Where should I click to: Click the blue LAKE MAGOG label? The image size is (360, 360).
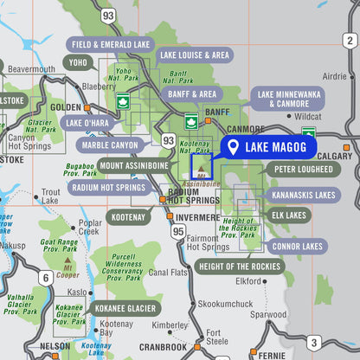click(x=270, y=148)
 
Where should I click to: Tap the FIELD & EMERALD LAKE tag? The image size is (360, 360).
click(x=112, y=44)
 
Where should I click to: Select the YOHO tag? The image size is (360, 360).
click(x=78, y=62)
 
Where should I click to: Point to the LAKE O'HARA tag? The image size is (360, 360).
click(x=87, y=123)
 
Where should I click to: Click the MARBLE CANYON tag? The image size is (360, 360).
click(x=108, y=145)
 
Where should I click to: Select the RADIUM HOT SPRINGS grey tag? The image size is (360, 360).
click(x=108, y=187)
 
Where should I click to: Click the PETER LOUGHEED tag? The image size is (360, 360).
click(x=303, y=170)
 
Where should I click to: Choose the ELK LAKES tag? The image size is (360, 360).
click(x=289, y=215)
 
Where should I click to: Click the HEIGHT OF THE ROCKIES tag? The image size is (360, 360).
click(x=240, y=266)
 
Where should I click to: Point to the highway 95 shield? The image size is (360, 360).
click(x=178, y=231)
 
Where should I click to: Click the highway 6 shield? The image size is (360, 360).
click(x=44, y=278)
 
